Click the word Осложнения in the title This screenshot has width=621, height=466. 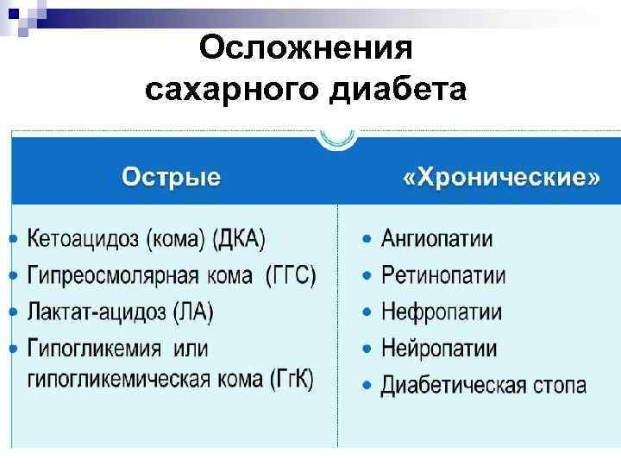306,47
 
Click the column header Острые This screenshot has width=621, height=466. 171,178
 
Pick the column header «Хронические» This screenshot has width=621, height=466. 502,178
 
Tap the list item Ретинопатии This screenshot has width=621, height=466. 443,275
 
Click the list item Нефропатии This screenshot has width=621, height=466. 441,312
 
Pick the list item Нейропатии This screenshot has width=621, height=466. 439,349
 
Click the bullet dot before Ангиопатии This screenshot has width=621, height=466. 368,237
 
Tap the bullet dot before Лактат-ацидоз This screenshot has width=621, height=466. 13,312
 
